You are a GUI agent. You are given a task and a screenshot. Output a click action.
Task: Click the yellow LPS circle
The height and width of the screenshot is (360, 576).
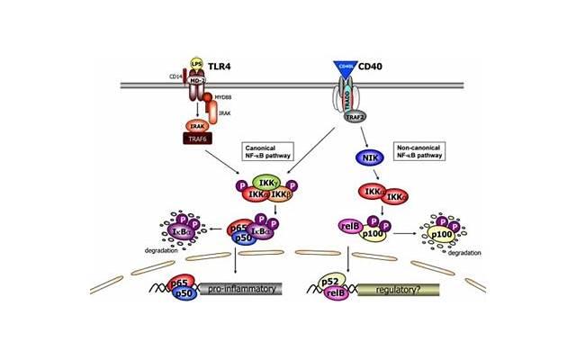pos(195,64)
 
